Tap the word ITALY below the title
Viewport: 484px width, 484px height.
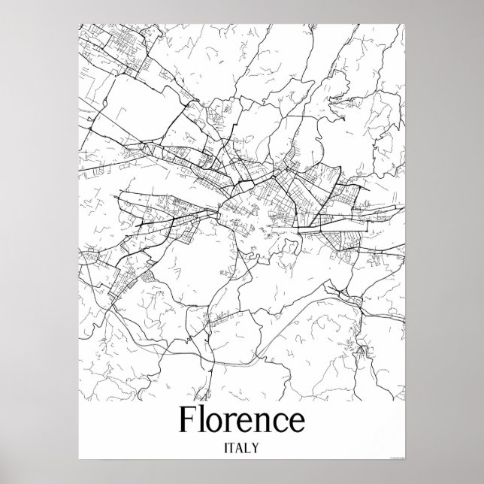[x=241, y=448]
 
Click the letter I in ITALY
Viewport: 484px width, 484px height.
[x=225, y=448]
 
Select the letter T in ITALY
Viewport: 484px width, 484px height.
[x=232, y=448]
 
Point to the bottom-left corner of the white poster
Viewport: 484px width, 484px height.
[x=77, y=461]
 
